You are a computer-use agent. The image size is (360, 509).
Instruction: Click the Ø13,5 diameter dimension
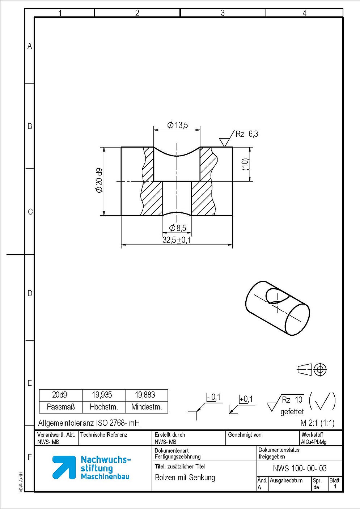tap(178, 125)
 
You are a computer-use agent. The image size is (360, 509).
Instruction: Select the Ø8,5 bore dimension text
tap(178, 228)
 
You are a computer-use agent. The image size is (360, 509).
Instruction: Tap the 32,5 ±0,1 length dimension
tap(177, 240)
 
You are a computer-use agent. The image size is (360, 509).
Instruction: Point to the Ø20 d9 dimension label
tap(99, 180)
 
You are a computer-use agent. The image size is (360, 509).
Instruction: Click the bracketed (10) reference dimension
tap(246, 164)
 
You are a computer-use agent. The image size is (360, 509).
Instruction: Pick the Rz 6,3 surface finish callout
tap(247, 134)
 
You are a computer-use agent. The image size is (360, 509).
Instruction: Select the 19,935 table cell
tap(102, 395)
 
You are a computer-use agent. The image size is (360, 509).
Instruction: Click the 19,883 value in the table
tap(145, 395)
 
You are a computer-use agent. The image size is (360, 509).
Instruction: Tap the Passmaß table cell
tap(61, 407)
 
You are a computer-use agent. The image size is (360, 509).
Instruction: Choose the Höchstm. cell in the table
tap(104, 407)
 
